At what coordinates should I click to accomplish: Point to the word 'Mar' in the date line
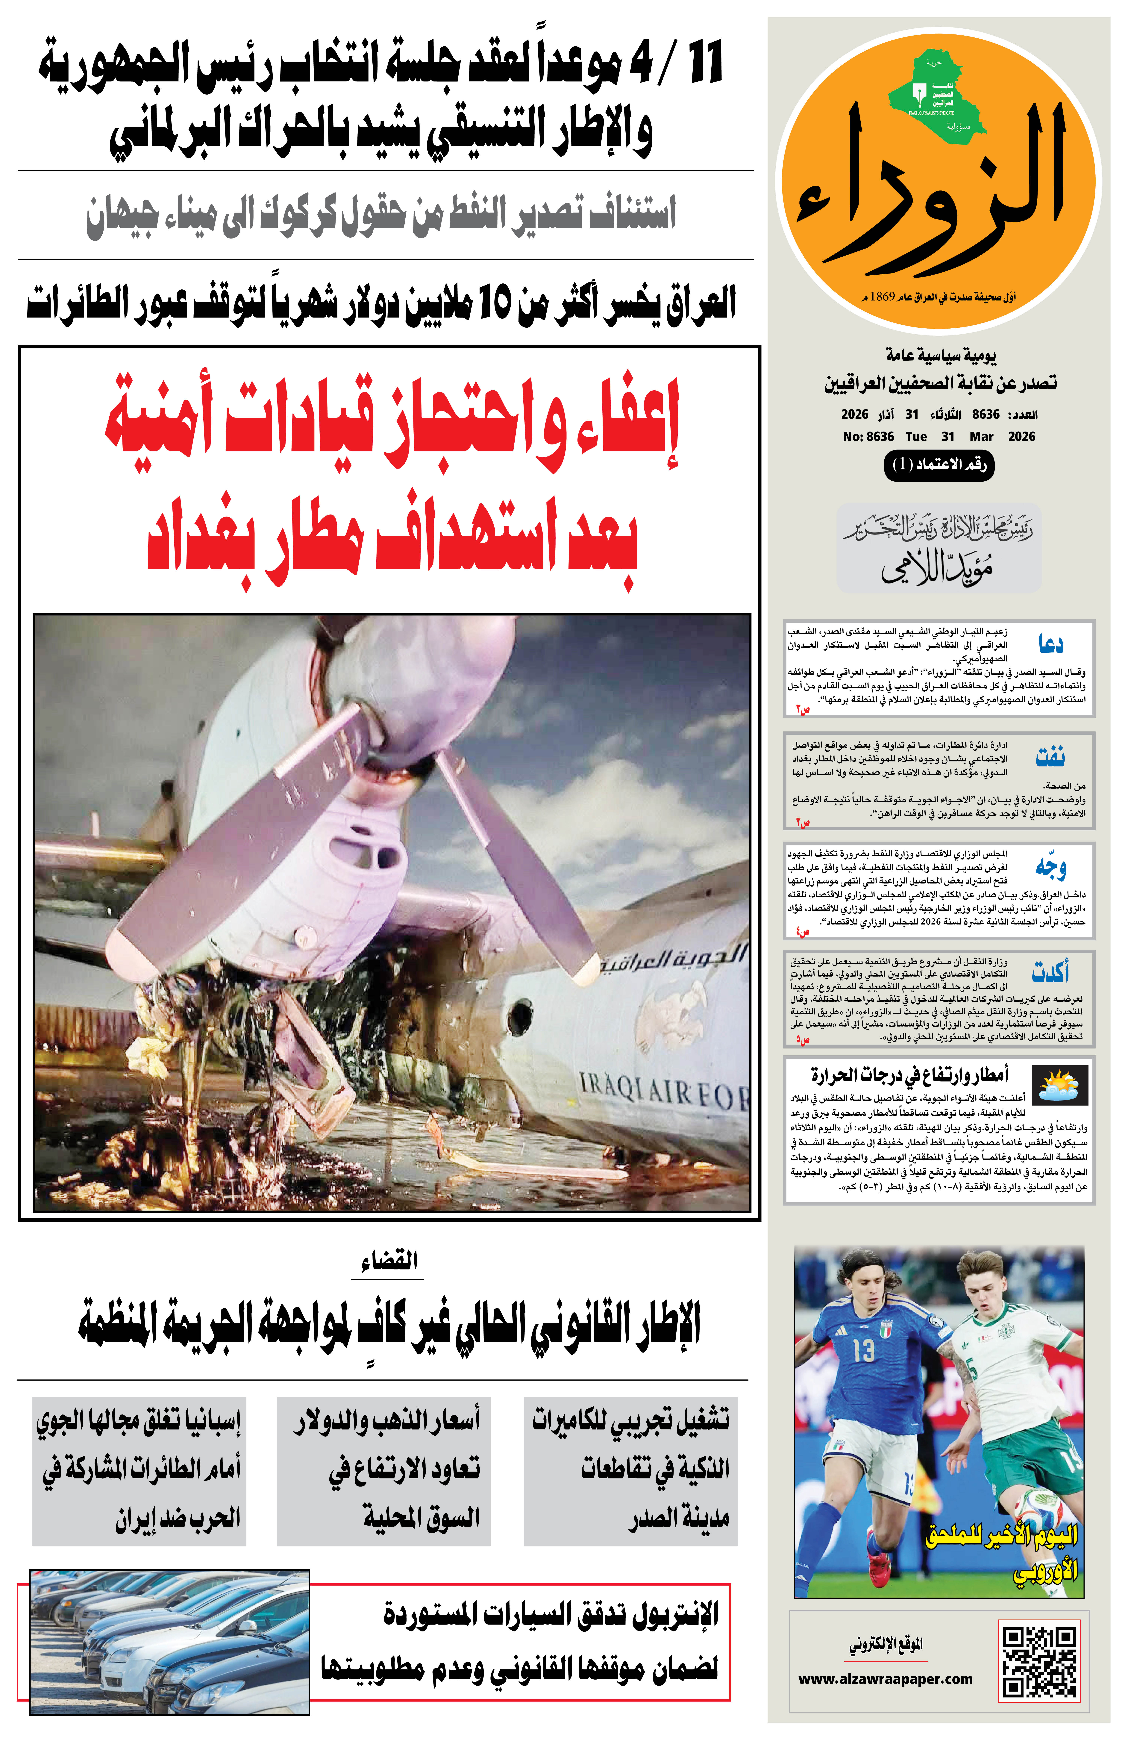[x=981, y=436]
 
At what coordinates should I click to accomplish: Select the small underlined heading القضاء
[x=389, y=1261]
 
